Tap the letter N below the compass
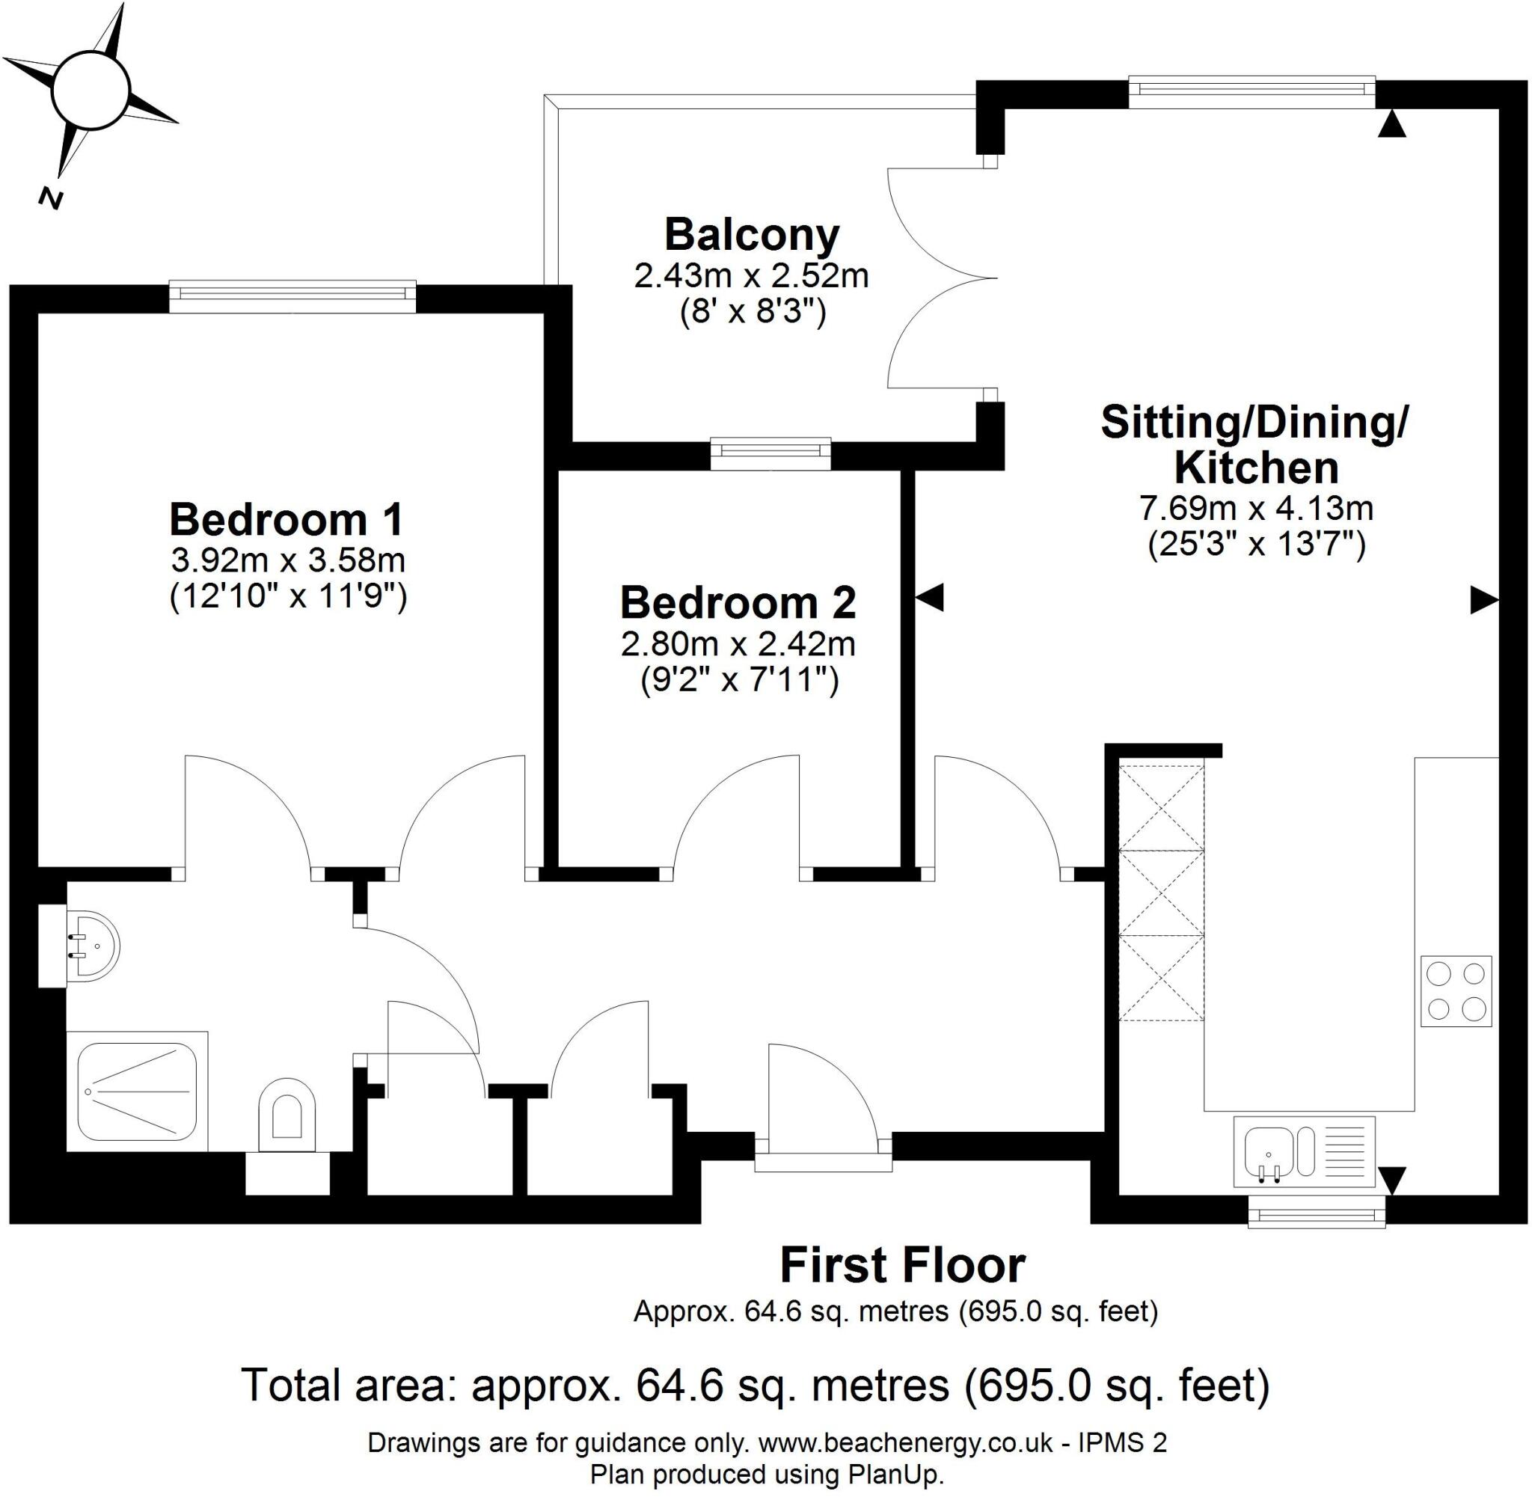pyautogui.click(x=51, y=199)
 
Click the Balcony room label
pyautogui.click(x=752, y=234)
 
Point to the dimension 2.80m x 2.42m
pyautogui.click(x=738, y=645)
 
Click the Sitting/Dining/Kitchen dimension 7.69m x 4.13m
pyautogui.click(x=1255, y=508)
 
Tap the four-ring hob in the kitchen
pyautogui.click(x=1455, y=991)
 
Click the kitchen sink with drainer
pyautogui.click(x=1303, y=1151)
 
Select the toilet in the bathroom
pyautogui.click(x=286, y=1110)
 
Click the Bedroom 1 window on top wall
pyautogui.click(x=292, y=293)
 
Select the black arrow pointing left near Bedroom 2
pyautogui.click(x=930, y=598)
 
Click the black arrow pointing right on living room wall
pyautogui.click(x=1484, y=601)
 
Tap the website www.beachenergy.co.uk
pyautogui.click(x=907, y=1442)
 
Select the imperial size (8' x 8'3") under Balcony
pyautogui.click(x=752, y=313)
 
